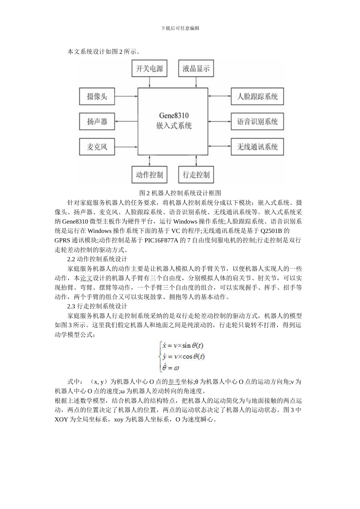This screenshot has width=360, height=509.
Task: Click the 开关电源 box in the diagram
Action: coord(150,69)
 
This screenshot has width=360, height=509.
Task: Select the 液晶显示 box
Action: coord(196,69)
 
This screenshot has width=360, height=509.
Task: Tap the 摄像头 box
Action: coord(97,97)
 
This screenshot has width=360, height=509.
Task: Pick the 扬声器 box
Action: coord(97,122)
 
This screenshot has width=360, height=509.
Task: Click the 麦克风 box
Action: coord(97,147)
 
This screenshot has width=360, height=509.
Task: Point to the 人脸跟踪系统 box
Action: coord(257,97)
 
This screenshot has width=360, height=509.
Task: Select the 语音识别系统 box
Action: coord(257,122)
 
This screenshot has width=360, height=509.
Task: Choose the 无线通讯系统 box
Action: coord(257,147)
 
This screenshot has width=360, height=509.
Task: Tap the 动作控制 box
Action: coord(150,175)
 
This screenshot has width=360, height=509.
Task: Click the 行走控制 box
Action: coord(196,175)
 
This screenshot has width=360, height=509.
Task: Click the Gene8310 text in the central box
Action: coord(174,116)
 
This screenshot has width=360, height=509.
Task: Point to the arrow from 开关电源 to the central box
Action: coord(150,83)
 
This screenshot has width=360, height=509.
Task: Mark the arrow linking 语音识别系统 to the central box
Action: coord(220,122)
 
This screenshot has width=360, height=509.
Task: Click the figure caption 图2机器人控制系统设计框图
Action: coord(180,193)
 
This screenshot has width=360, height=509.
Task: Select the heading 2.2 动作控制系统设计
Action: coord(97,259)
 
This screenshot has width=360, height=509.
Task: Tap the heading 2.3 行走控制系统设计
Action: coord(97,306)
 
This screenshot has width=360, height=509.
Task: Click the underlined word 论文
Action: coord(86,278)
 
